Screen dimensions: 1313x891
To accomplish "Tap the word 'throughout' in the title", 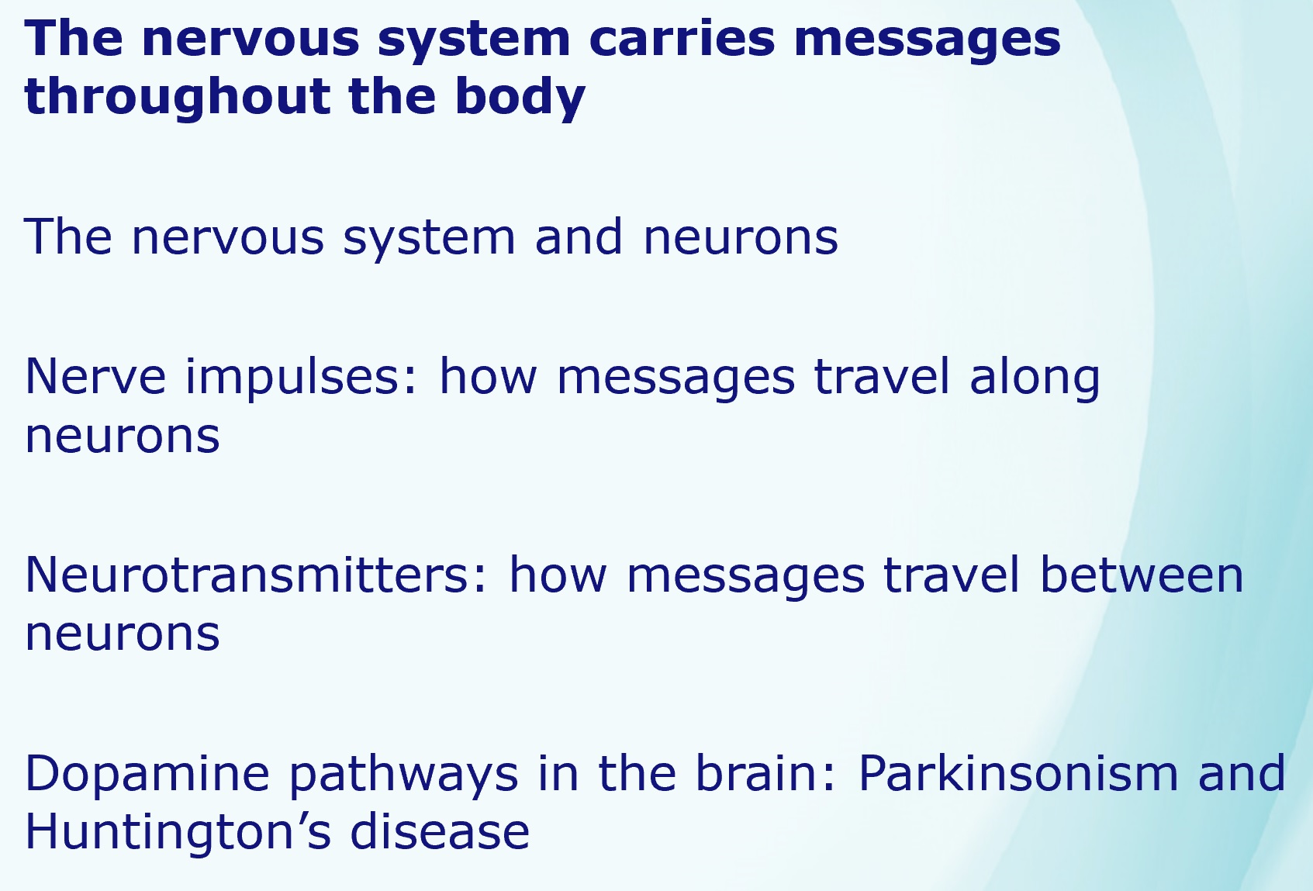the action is (x=176, y=97).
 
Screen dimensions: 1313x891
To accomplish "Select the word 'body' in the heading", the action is (x=520, y=97).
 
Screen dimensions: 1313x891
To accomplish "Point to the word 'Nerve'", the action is (x=95, y=376).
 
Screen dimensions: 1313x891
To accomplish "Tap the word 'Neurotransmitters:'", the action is (x=256, y=575).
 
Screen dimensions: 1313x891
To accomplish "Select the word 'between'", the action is (x=1142, y=575).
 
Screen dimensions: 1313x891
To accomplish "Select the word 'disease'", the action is (x=441, y=831).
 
